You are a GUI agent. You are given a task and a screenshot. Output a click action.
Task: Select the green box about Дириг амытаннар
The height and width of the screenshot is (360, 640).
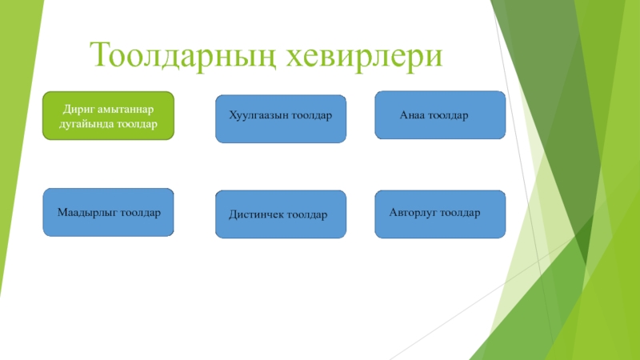[108, 116]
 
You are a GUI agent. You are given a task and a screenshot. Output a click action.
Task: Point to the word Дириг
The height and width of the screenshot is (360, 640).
[78, 109]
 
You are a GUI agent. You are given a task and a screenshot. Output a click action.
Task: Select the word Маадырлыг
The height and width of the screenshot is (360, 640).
[86, 214]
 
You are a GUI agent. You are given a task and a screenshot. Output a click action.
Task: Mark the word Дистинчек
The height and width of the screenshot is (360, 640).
[256, 215]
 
